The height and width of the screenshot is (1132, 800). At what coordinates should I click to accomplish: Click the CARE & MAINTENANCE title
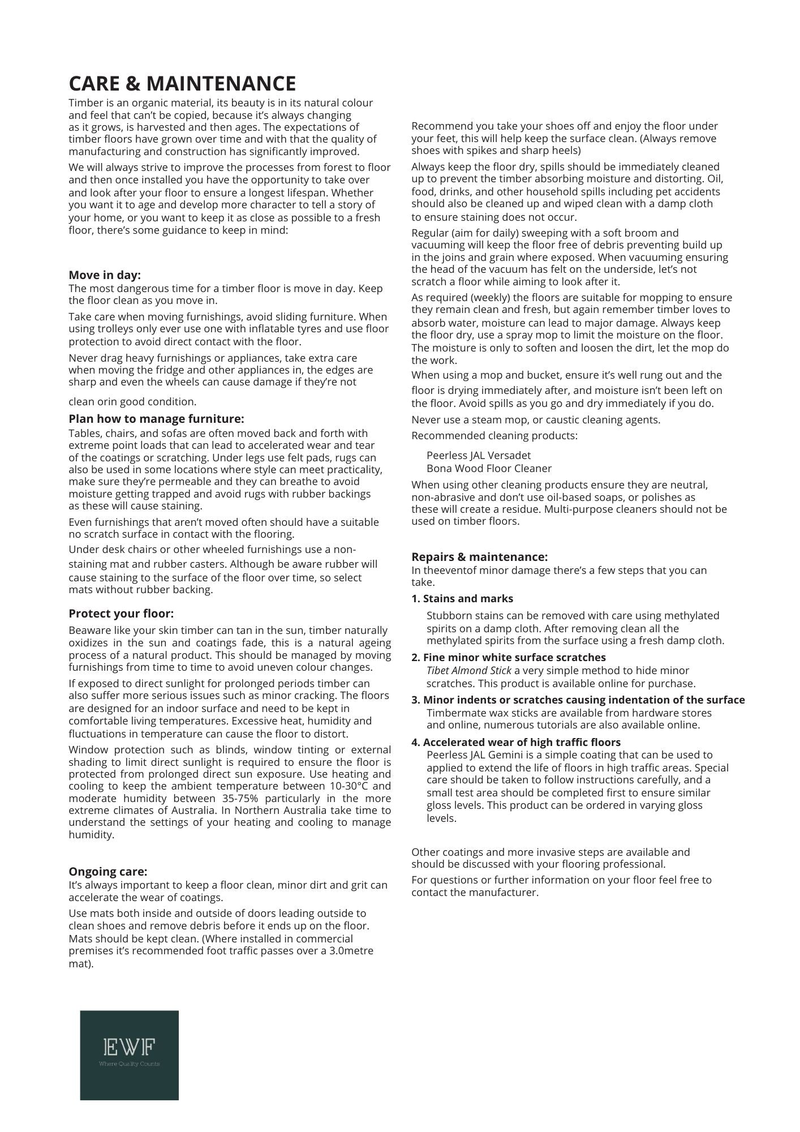182,84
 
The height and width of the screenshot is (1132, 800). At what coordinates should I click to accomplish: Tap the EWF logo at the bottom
129,1055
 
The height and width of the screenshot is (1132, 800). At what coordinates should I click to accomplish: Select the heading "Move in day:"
105,275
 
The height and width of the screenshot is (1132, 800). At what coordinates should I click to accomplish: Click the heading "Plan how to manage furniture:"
156,419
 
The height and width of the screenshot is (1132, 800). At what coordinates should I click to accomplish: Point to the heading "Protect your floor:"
121,614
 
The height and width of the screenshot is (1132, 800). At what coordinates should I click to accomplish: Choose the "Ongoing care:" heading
107,872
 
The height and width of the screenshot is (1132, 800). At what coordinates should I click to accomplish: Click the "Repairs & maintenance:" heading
479,556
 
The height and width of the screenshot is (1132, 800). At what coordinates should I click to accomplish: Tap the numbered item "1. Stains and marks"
462,598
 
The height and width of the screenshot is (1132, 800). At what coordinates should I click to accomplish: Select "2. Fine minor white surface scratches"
509,657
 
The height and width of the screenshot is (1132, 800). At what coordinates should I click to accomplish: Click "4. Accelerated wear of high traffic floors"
516,742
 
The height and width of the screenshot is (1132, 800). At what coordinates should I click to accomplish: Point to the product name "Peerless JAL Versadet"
478,455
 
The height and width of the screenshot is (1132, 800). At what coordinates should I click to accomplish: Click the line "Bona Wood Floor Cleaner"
489,468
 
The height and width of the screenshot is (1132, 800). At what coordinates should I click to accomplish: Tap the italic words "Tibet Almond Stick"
468,670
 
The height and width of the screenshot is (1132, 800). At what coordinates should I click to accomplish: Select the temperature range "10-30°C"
351,786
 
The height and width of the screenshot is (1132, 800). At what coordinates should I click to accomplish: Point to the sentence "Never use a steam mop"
464,419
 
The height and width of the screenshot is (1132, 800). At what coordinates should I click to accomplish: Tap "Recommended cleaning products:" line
494,435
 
